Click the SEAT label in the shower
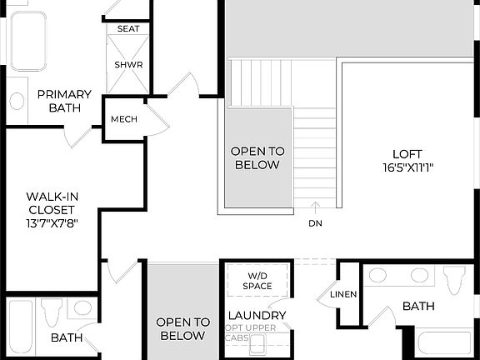pyautogui.click(x=128, y=28)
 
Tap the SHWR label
pyautogui.click(x=128, y=64)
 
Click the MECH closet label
pyautogui.click(x=124, y=119)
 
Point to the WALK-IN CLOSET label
pyautogui.click(x=51, y=203)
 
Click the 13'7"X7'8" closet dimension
pyautogui.click(x=51, y=223)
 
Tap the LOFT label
pyautogui.click(x=407, y=154)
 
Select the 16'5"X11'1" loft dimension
pyautogui.click(x=407, y=167)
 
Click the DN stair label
pyautogui.click(x=315, y=223)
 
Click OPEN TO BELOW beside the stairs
pyautogui.click(x=257, y=157)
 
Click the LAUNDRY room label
pyautogui.click(x=257, y=316)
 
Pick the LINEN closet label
pyautogui.click(x=342, y=295)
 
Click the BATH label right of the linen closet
pyautogui.click(x=418, y=307)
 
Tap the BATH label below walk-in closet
pyautogui.click(x=66, y=337)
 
